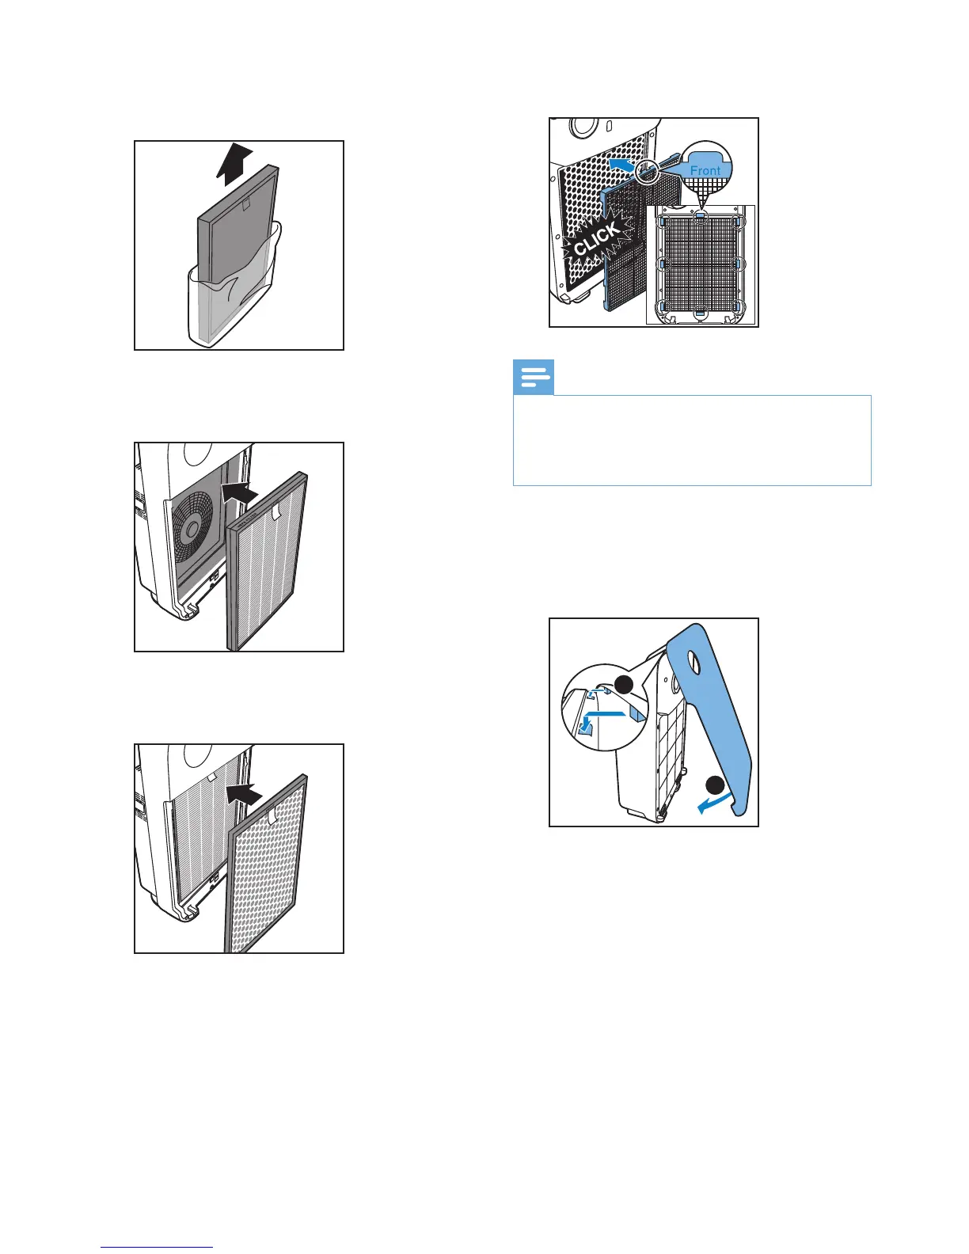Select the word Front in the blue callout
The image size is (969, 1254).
[705, 170]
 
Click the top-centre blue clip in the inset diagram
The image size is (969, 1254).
[701, 213]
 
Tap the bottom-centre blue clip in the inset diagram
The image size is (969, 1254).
[701, 313]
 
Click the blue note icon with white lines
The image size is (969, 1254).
[534, 378]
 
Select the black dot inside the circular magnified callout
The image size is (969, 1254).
[625, 686]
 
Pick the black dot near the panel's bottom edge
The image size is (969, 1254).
[715, 785]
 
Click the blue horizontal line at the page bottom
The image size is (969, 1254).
[157, 1247]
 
